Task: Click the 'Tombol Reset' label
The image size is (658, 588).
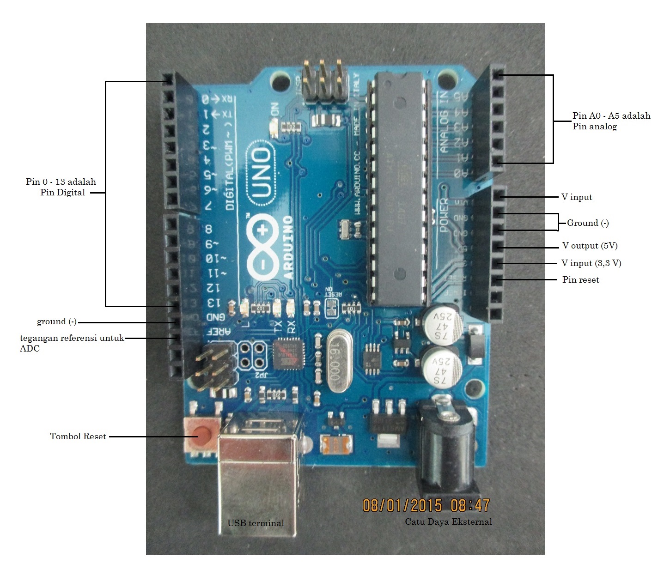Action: [x=78, y=436]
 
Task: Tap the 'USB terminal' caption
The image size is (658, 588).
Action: [x=256, y=523]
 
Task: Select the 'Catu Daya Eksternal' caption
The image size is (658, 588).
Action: [x=448, y=522]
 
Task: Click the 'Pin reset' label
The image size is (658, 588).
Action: [x=580, y=280]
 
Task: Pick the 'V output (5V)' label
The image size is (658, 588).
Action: [x=590, y=246]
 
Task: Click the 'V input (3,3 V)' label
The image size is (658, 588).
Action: [x=591, y=263]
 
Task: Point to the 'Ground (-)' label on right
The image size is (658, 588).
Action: [x=588, y=223]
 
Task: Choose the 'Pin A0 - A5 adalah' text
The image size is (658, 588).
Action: [x=611, y=116]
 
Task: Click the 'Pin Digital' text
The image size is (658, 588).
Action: [x=62, y=193]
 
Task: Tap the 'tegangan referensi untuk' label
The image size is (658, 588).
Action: [x=72, y=338]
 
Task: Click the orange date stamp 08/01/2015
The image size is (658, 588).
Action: [x=402, y=505]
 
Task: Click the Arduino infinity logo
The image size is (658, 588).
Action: [x=262, y=247]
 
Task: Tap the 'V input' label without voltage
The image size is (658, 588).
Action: [x=577, y=197]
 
